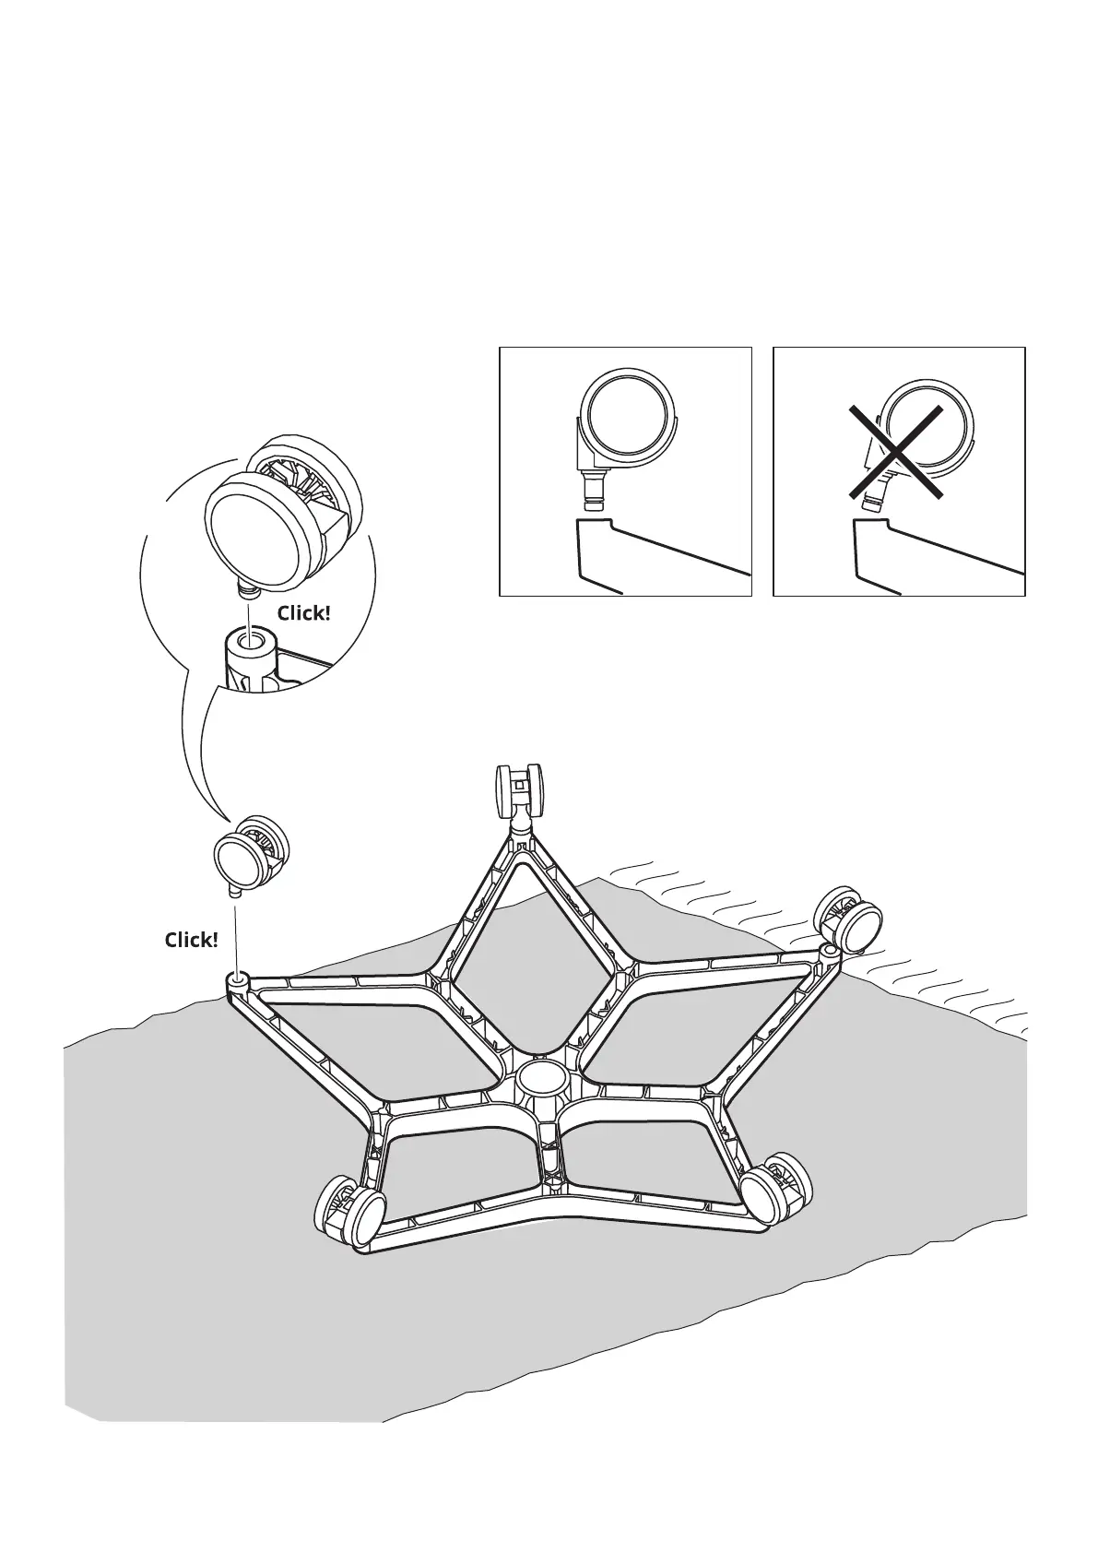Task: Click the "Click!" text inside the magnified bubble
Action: click(303, 613)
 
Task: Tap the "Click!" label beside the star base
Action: click(191, 940)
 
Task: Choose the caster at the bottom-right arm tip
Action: click(778, 1190)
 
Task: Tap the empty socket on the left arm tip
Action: click(239, 980)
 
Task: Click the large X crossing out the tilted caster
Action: click(896, 453)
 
